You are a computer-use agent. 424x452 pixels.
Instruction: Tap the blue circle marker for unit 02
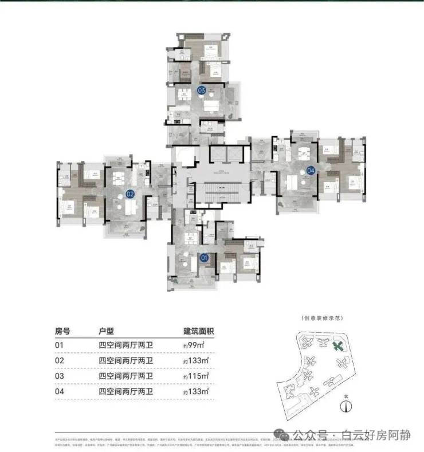(130, 194)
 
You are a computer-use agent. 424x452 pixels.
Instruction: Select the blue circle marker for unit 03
(201, 90)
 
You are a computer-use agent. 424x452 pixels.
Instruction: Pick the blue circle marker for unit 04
(311, 170)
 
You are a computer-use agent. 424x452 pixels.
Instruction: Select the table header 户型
(108, 331)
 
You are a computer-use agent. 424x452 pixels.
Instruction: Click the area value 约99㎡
(194, 345)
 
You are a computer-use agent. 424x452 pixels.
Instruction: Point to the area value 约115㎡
(196, 376)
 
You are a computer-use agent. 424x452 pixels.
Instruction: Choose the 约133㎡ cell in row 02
(196, 361)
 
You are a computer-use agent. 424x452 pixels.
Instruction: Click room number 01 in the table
(59, 345)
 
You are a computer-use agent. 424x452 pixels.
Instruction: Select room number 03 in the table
(59, 376)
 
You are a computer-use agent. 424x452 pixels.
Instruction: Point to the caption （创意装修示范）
(321, 319)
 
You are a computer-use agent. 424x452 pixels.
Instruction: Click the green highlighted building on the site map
(339, 346)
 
